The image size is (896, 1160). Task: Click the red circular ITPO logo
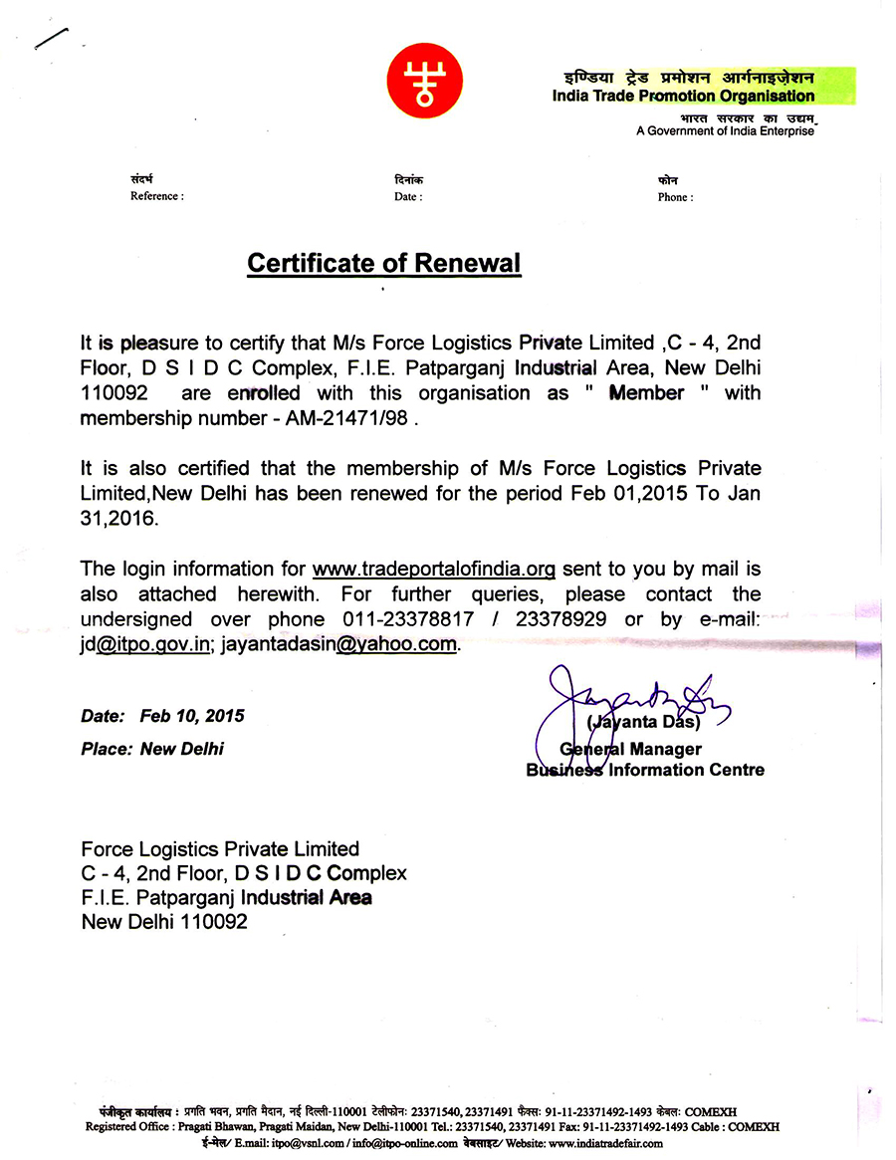coord(423,79)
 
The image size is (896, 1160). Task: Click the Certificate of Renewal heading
coord(383,264)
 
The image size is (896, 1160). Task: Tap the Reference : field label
coord(156,197)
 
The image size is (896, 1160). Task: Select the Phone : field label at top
coord(675,197)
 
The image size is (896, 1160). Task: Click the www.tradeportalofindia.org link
coord(433,570)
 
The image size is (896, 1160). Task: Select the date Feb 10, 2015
coord(192,716)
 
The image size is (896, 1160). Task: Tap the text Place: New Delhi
coord(152,749)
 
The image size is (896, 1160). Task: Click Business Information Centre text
coord(645,770)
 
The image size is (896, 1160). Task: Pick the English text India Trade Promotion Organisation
coord(683,97)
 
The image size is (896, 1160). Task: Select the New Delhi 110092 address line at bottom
coord(164,922)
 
